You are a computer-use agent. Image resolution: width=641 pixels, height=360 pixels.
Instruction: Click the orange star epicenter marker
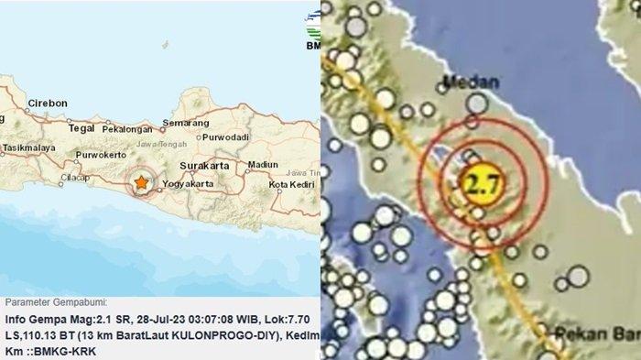(x=141, y=182)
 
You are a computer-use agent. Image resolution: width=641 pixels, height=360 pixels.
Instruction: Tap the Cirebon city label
(x=47, y=103)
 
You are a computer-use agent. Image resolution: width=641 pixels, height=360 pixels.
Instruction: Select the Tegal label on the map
(x=81, y=129)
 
